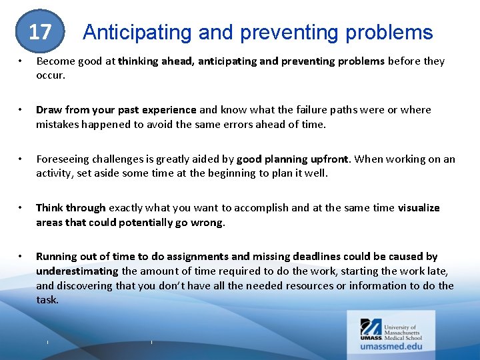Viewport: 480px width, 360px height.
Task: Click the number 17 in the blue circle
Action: click(40, 32)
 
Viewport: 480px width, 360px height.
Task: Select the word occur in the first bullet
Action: click(51, 75)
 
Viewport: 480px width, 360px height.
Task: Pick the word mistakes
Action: click(59, 124)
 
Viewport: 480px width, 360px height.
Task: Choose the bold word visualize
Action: click(419, 208)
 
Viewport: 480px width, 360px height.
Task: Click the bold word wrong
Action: click(209, 222)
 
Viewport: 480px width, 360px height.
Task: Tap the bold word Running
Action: click(56, 257)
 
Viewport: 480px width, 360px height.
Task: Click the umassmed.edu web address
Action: click(391, 346)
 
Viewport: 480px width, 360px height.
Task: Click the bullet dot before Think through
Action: click(21, 208)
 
